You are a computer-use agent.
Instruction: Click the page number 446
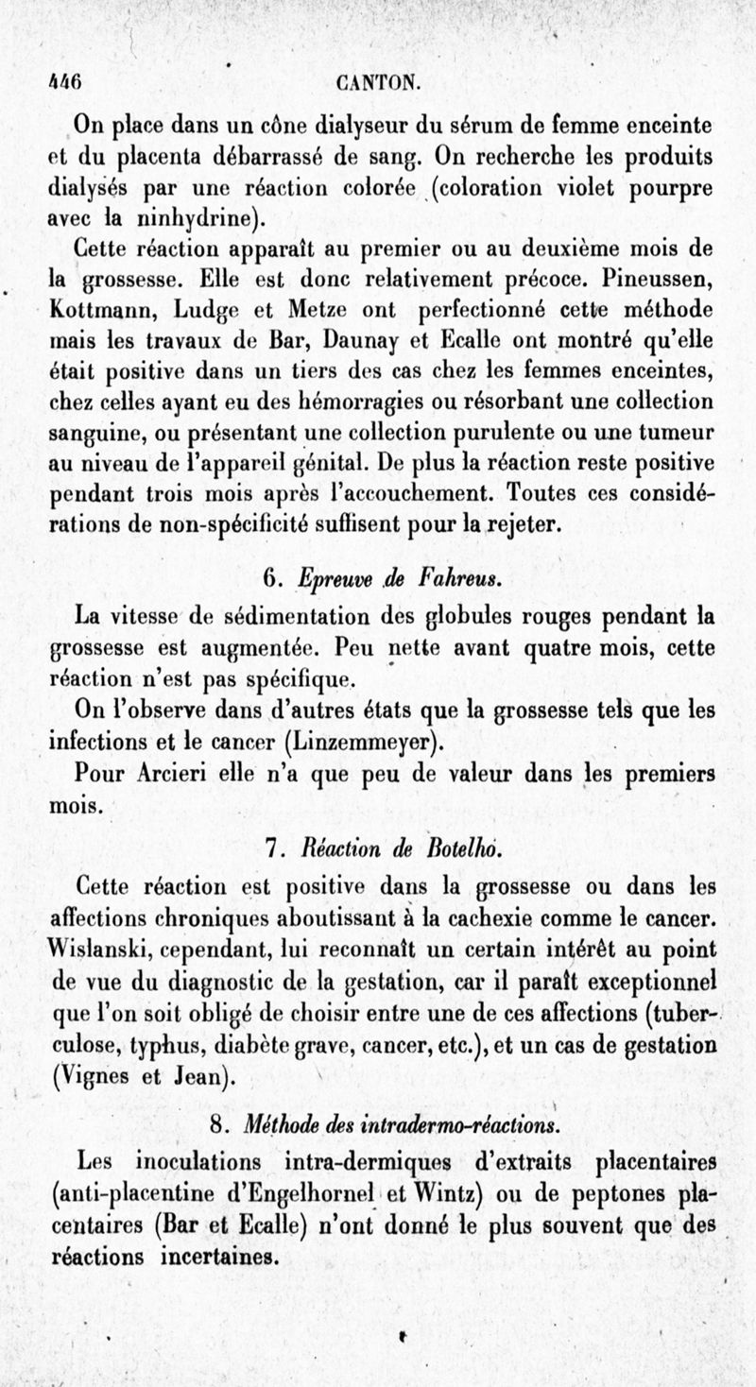point(65,81)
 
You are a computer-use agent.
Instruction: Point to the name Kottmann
point(97,310)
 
